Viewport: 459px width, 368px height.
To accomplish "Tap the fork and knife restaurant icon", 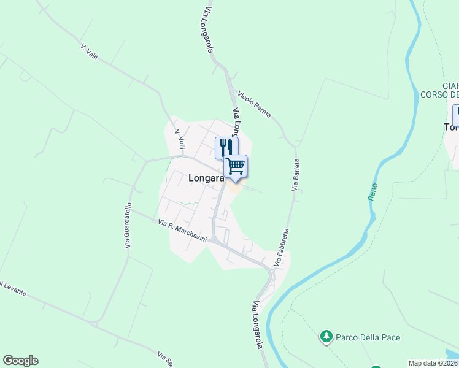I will pyautogui.click(x=226, y=148).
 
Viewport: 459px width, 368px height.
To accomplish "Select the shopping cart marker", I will pyautogui.click(x=236, y=166).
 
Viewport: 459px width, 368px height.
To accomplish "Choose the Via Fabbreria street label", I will pyautogui.click(x=282, y=247).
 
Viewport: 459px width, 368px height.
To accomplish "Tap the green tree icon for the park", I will pyautogui.click(x=326, y=337).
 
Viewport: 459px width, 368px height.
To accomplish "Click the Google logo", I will pyautogui.click(x=20, y=361).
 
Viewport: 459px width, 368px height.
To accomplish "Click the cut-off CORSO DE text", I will pyautogui.click(x=439, y=94).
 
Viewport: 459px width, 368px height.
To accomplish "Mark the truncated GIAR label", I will pyautogui.click(x=450, y=86).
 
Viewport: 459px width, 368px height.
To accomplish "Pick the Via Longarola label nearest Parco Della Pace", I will pyautogui.click(x=258, y=325).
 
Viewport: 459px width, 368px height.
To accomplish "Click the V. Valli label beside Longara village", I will pyautogui.click(x=180, y=139).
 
